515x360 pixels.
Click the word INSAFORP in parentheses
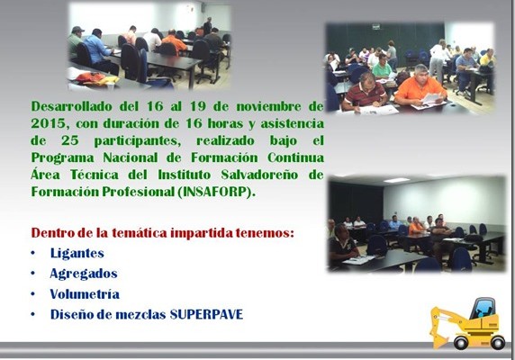pyautogui.click(x=215, y=192)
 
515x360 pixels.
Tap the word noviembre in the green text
pyautogui.click(x=268, y=106)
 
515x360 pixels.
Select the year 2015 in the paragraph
pyautogui.click(x=49, y=123)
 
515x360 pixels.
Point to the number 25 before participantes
pyautogui.click(x=70, y=140)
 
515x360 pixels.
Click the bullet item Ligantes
pyautogui.click(x=77, y=253)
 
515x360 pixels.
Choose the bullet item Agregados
pyautogui.click(x=84, y=274)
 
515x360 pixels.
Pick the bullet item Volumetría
pyautogui.click(x=85, y=294)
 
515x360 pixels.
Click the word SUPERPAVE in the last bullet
pyautogui.click(x=206, y=314)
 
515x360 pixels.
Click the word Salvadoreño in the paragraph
pyautogui.click(x=259, y=175)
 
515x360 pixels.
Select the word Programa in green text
pyautogui.click(x=63, y=157)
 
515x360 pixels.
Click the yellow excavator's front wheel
pyautogui.click(x=461, y=342)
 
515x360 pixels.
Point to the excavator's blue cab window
pyautogui.click(x=483, y=309)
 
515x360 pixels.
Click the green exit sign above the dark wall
pyautogui.click(x=376, y=26)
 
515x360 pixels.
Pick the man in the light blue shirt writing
pyautogui.click(x=97, y=50)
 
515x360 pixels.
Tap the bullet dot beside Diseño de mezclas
pyautogui.click(x=32, y=314)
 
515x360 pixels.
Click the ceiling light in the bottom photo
pyautogui.click(x=397, y=180)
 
